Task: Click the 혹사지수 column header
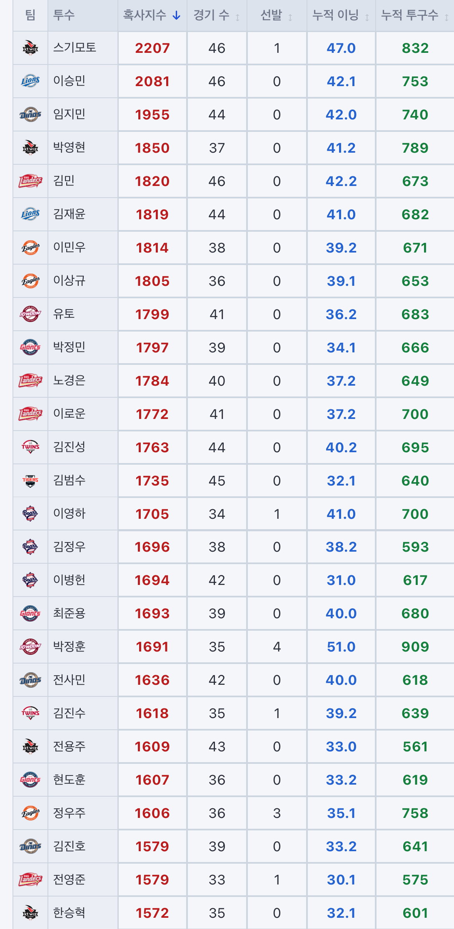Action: coord(145,15)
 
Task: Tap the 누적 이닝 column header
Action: coord(335,15)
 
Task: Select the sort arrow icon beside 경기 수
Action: coord(237,17)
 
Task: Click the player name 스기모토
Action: coord(75,47)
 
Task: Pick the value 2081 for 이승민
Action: coord(152,81)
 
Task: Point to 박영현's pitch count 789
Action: coord(415,148)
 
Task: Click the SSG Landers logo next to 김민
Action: coord(30,181)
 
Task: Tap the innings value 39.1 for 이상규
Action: coord(341,281)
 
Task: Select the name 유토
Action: coord(64,314)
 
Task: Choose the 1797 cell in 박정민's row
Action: coord(152,347)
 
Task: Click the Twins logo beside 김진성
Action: coord(30,447)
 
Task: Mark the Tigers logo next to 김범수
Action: coord(30,481)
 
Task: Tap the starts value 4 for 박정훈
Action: coord(277,647)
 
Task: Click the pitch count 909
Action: coord(415,647)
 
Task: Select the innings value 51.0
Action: coord(341,647)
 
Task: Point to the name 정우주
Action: coord(69,813)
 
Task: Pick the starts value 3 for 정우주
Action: coord(277,813)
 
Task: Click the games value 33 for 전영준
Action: coord(217,880)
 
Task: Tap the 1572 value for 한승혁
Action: coord(152,913)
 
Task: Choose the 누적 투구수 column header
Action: coord(410,15)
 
